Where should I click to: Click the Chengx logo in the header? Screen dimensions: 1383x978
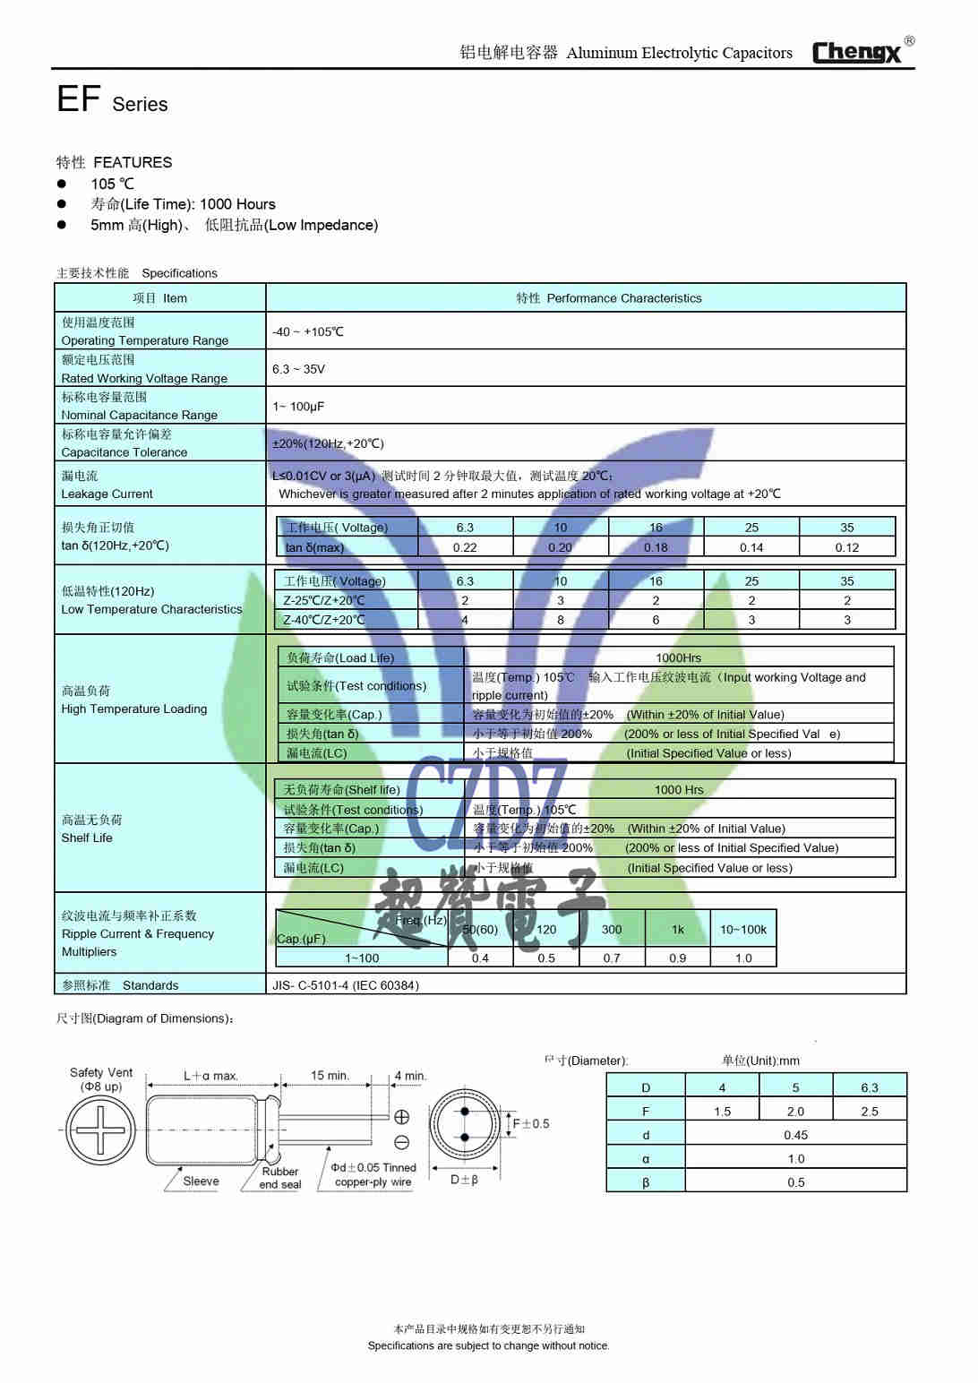(x=857, y=52)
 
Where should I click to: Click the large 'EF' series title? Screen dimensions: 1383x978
(x=78, y=99)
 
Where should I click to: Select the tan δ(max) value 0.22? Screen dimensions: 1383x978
(x=465, y=547)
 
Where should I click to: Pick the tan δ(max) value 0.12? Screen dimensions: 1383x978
(x=846, y=547)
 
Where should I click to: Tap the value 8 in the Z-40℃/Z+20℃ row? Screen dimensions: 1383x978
(x=561, y=620)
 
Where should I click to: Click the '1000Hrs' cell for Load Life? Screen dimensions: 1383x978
(x=678, y=657)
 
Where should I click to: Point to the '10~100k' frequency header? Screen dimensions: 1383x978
(x=742, y=930)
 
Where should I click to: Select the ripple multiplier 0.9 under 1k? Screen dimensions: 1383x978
(x=677, y=958)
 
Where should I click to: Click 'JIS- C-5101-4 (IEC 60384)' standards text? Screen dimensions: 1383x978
(x=346, y=985)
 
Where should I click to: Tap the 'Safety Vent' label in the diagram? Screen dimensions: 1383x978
(x=101, y=1073)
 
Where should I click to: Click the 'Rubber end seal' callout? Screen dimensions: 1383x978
(x=280, y=1178)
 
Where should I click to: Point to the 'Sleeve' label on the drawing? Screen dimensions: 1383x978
(x=201, y=1181)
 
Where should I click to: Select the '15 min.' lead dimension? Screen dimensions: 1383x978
(x=330, y=1076)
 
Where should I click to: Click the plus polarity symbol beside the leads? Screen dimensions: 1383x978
(x=402, y=1117)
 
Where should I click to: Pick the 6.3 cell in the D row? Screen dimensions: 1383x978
(x=869, y=1087)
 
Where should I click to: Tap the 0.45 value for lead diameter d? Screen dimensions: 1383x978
(x=795, y=1135)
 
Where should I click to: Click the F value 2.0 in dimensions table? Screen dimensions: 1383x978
(x=795, y=1112)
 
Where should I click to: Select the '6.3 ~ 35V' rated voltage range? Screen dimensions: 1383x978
(x=298, y=369)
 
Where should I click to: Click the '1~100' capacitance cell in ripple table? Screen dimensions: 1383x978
(x=362, y=958)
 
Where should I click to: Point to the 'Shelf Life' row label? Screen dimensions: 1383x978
(x=87, y=838)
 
